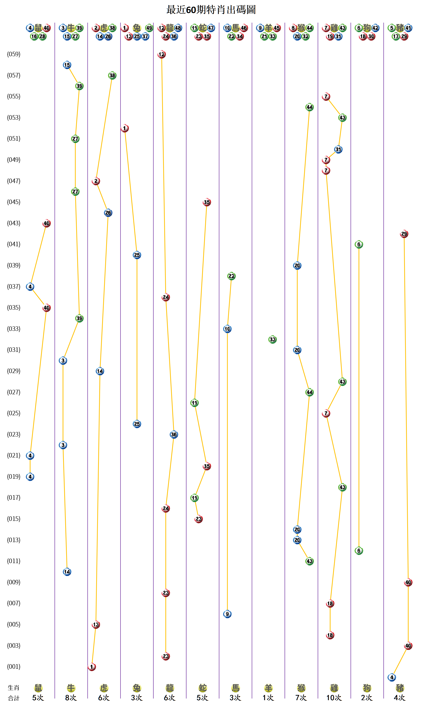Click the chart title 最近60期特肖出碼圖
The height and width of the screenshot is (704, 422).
coord(211,10)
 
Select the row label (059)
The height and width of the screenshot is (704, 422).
coord(14,54)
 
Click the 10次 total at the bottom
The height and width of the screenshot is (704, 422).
coord(334,698)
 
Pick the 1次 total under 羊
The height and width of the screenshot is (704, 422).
coord(268,698)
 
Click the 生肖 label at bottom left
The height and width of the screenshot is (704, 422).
coord(13,688)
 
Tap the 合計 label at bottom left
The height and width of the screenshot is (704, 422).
coord(13,698)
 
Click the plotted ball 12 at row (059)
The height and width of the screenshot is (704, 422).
coord(161,54)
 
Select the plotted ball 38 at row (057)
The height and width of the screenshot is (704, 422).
coord(112,75)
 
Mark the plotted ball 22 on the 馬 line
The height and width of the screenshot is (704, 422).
coord(231,276)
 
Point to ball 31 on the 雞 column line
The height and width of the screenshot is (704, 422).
coord(338,149)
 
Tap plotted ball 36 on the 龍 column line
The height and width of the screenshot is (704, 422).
coord(174,434)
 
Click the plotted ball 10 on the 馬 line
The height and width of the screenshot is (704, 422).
coord(227,329)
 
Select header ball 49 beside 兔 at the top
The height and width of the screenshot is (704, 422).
coord(149,28)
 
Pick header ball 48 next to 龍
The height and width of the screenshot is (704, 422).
coord(178,28)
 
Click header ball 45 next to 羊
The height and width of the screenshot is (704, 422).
coord(277,28)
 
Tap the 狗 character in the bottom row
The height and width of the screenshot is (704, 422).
coord(367,688)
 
